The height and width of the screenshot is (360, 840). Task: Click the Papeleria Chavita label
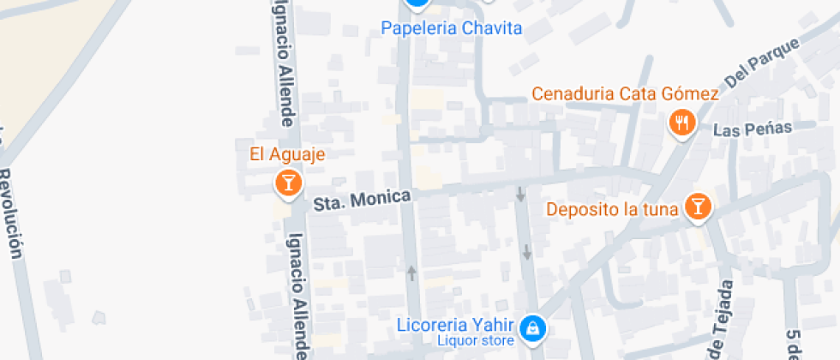451,28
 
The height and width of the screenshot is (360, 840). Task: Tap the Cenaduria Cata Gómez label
625,93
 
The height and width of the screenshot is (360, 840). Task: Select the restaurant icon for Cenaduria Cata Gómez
681,123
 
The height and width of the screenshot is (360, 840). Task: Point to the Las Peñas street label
753,129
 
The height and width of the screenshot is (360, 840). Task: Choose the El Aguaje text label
288,154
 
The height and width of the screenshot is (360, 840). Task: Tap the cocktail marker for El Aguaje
288,182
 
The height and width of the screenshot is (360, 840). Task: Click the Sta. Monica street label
362,199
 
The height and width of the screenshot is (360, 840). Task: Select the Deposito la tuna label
613,208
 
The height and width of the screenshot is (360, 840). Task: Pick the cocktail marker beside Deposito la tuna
699,207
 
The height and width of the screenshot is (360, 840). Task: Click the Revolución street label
10,210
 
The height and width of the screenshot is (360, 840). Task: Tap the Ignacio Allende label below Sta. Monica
297,296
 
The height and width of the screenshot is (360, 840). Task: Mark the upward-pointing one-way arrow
411,273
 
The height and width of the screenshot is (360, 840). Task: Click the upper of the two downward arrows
520,195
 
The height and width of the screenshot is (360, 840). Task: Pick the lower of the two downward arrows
526,252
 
